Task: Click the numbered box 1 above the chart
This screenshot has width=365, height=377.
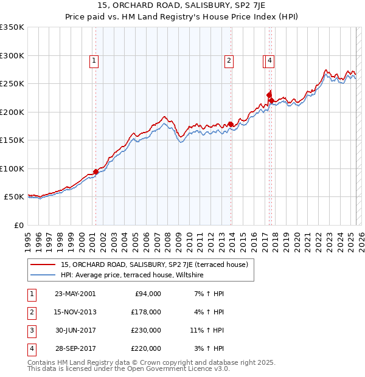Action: [x=95, y=60]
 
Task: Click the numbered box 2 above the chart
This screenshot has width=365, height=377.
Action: [x=229, y=60]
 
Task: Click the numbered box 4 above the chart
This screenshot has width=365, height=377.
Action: [x=269, y=60]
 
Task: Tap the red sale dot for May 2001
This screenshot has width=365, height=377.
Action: [x=96, y=171]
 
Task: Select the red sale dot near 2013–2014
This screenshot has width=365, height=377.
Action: [x=231, y=125]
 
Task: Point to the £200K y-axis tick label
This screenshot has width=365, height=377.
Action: [x=12, y=112]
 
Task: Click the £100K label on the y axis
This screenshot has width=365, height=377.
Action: [x=12, y=168]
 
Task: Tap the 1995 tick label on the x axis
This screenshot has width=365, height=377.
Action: [x=28, y=237]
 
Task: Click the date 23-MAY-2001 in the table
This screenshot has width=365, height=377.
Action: [x=75, y=294]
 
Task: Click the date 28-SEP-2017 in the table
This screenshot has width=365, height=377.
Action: [x=75, y=348]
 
